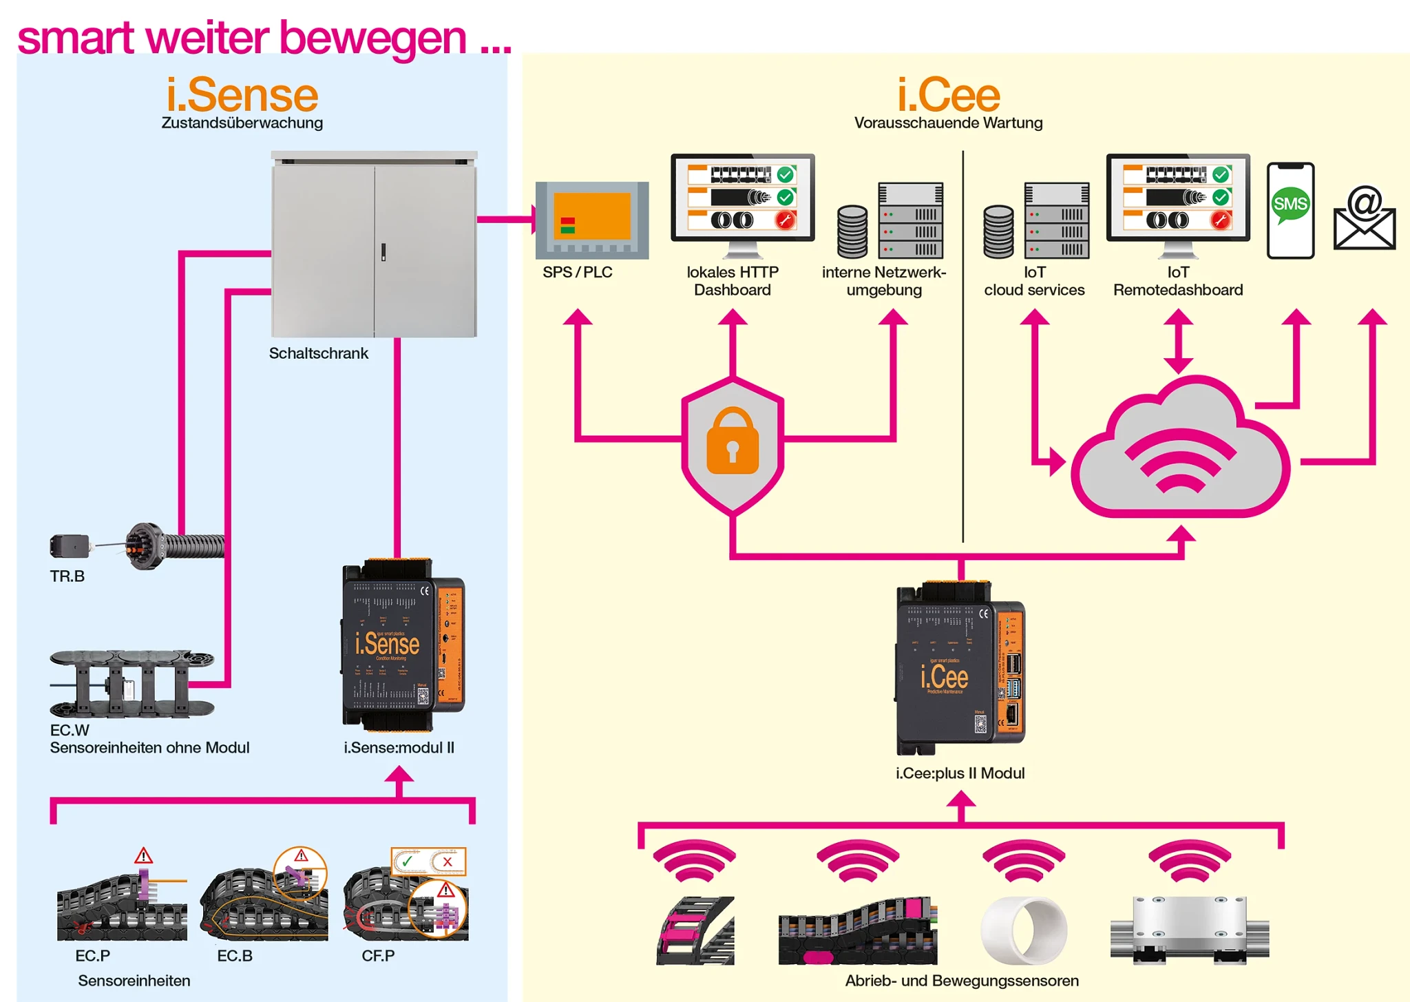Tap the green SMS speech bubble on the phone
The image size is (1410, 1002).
point(1290,205)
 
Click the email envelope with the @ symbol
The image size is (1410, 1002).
point(1364,219)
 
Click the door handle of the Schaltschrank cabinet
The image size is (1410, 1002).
point(383,252)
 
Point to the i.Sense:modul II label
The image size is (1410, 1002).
point(399,747)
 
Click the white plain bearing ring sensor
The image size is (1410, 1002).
point(1024,930)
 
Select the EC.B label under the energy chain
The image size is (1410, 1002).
point(235,956)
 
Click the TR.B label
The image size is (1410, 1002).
point(67,576)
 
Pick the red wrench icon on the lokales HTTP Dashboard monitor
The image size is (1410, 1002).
point(785,220)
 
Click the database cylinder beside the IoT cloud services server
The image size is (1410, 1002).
point(998,232)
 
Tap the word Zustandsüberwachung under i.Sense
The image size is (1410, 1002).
point(242,123)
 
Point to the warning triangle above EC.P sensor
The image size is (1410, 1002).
point(143,856)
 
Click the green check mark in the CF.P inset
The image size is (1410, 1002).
point(407,861)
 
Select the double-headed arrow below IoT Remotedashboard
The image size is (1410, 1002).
point(1178,340)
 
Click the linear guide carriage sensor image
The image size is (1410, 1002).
point(1189,930)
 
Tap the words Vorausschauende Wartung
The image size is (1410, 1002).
point(948,123)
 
